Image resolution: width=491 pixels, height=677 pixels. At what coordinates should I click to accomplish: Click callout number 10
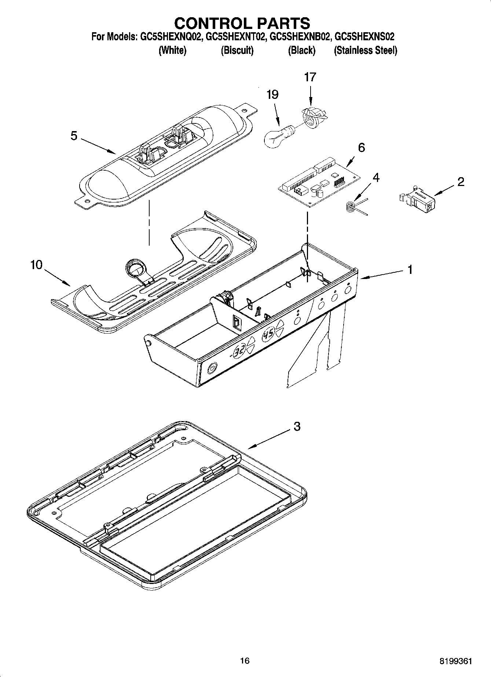point(36,265)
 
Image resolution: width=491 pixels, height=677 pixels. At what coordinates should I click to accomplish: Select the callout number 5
point(74,136)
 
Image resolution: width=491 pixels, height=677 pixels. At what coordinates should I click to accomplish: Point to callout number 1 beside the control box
point(410,270)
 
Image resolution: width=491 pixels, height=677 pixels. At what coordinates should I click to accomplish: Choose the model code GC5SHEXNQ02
point(171,37)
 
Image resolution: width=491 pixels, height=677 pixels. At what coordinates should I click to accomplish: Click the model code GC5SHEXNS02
point(364,37)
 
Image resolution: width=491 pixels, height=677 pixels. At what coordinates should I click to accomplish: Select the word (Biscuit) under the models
point(237,51)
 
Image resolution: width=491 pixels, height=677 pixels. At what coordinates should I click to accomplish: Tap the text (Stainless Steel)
point(365,51)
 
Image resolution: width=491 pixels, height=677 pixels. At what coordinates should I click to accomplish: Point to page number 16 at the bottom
point(245,661)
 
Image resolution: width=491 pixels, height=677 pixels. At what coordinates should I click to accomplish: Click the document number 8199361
point(455,661)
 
